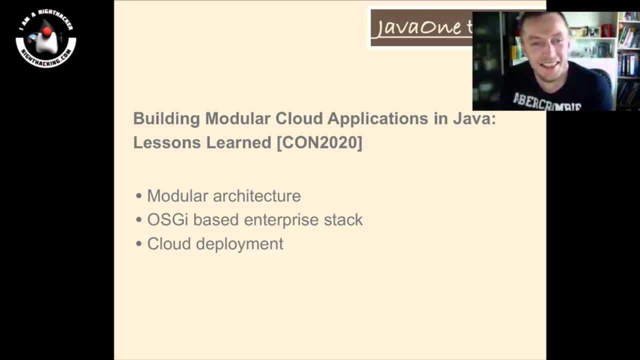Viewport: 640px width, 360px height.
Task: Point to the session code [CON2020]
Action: pos(319,142)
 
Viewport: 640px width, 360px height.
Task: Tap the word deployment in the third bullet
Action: pos(239,244)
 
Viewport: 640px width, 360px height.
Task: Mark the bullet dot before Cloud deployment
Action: pos(139,244)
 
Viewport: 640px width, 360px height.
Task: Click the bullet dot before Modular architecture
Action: pos(139,196)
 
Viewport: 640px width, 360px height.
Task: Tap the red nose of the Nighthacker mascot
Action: pos(46,32)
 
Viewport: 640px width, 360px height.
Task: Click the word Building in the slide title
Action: pos(166,119)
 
